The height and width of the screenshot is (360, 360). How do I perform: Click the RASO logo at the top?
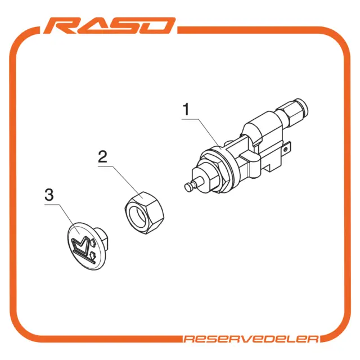[x=110, y=25]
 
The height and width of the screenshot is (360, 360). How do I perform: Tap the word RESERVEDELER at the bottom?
[x=251, y=339]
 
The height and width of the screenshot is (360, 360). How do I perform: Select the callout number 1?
[x=186, y=110]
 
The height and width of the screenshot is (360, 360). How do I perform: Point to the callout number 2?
[x=102, y=156]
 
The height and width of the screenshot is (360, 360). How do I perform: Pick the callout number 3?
[x=49, y=195]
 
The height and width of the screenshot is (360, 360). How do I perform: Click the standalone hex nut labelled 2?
[x=145, y=213]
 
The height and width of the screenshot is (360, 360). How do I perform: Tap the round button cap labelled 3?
[x=87, y=246]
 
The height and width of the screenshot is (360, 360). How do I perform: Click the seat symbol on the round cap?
[x=82, y=249]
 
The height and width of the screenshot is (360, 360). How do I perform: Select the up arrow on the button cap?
[x=92, y=243]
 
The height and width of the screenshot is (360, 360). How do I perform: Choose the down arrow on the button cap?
[x=93, y=254]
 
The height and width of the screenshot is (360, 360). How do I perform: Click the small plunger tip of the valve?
[x=189, y=186]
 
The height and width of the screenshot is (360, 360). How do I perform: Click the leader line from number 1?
[x=201, y=134]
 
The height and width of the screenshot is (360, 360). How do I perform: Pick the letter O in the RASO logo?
[x=158, y=26]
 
